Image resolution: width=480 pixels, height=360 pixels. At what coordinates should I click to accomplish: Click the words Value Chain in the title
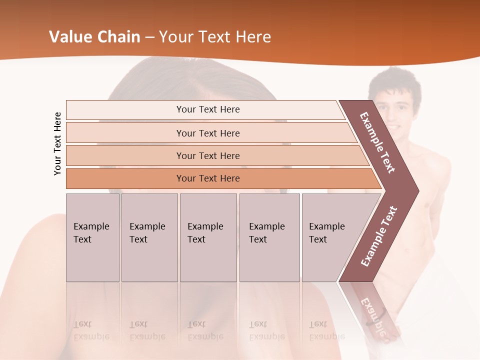[x=94, y=36]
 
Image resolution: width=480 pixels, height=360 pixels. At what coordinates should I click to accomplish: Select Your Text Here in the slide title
[x=215, y=36]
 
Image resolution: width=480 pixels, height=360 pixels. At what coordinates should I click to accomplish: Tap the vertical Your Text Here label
[x=57, y=143]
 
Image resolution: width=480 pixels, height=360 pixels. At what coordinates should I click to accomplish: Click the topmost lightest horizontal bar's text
[x=208, y=109]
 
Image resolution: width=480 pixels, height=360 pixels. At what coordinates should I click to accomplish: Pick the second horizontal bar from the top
[x=208, y=133]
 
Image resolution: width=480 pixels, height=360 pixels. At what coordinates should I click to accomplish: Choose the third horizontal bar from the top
[x=208, y=155]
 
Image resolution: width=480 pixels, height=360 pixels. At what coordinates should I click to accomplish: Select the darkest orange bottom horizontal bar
[x=208, y=178]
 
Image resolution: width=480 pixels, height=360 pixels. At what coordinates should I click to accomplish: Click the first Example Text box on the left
[x=92, y=237]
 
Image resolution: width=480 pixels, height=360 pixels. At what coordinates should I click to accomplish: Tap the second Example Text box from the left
[x=149, y=237]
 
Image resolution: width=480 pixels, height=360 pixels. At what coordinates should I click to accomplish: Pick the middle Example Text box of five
[x=207, y=237]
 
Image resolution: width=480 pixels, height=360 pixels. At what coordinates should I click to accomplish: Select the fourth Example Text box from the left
[x=269, y=237]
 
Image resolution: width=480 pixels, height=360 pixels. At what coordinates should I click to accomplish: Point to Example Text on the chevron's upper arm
[x=378, y=142]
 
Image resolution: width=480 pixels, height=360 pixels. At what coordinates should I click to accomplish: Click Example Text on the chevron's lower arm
[x=379, y=236]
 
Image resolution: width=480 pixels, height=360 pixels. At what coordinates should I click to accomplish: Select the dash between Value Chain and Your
[x=149, y=37]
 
